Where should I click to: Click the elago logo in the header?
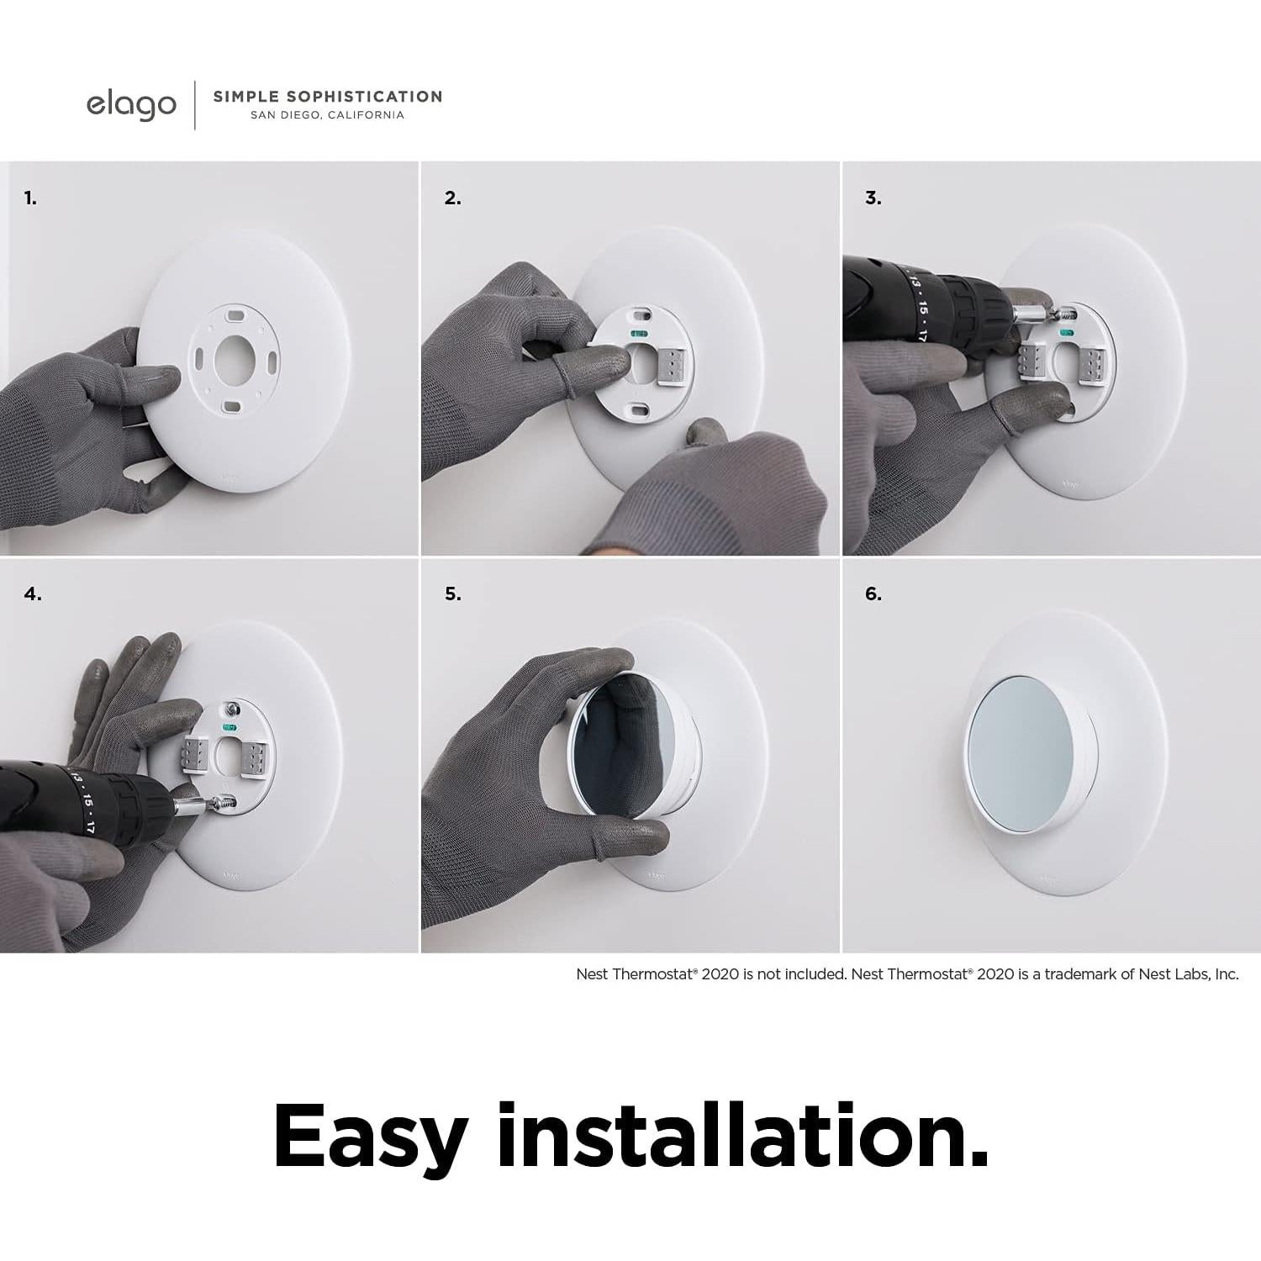pos(131,105)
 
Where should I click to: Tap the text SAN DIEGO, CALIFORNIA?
pos(327,115)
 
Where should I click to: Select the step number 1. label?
pos(30,198)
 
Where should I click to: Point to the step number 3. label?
pos(873,198)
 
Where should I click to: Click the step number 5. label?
pos(452,594)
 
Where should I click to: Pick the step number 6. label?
pos(873,594)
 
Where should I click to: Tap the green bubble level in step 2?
pos(639,333)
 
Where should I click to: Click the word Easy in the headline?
pos(370,1137)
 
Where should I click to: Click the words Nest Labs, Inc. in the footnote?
pos(1188,974)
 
